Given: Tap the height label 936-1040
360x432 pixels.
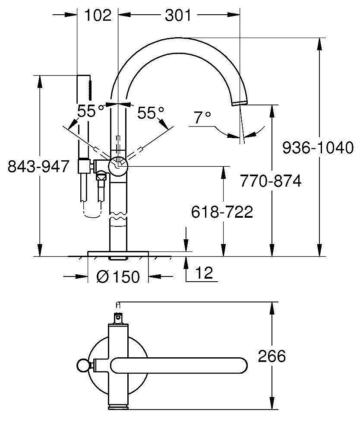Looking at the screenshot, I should click(318, 148).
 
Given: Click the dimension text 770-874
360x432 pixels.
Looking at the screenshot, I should click(270, 181).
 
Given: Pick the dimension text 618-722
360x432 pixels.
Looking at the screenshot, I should click(222, 212).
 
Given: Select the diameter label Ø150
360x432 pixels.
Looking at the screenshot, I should click(118, 276).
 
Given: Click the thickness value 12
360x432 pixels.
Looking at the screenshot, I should click(204, 273).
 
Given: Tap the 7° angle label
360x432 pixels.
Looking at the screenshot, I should click(202, 117).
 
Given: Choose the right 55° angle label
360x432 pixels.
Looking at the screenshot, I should click(151, 113).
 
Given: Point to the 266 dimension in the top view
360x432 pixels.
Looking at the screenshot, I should click(272, 356).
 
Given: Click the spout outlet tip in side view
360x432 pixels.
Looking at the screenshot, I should click(239, 102).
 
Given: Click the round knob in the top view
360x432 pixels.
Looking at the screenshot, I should click(82, 365).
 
